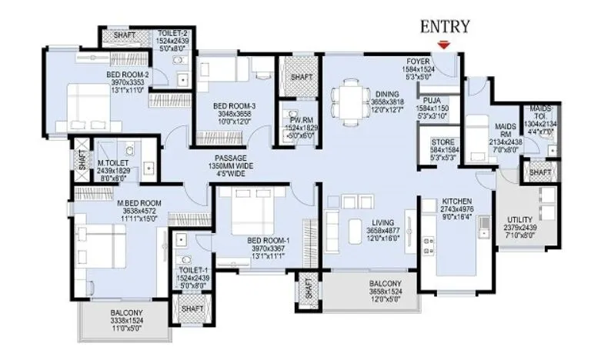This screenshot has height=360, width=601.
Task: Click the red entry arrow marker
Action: pyautogui.click(x=442, y=45)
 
